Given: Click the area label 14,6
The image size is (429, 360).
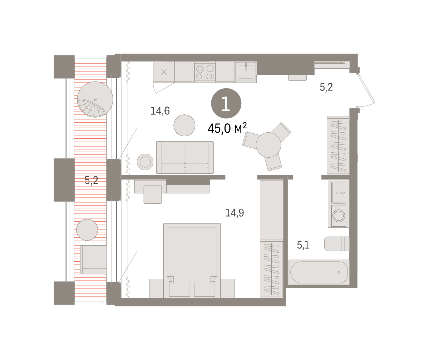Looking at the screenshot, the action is pos(160,111).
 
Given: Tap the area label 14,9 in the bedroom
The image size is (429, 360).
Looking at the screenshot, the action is pos(235,213).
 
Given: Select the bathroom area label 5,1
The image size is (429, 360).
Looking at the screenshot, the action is pos(303,245).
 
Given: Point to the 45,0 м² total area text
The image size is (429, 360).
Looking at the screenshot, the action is pos(227,128).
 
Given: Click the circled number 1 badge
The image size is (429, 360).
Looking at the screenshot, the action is pos(226,103).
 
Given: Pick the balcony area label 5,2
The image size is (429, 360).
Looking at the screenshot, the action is pos(92,180).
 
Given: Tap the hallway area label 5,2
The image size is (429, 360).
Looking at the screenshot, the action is pos(326,87).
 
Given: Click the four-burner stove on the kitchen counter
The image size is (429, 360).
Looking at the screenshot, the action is pos(205,72).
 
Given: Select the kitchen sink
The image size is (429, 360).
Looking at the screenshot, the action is pos(246,72).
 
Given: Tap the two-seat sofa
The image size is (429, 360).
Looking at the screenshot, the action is pos(185,157).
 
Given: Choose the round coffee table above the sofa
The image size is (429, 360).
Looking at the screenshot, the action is pos(184,125).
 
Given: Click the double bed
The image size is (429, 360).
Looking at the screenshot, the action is pos(192,261).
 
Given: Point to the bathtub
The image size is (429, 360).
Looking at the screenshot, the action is pos(319,272).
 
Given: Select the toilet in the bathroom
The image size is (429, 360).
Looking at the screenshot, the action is pos(337,244).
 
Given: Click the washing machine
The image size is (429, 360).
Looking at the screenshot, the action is pos(339,216).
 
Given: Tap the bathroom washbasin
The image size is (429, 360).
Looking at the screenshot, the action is pos(339,193).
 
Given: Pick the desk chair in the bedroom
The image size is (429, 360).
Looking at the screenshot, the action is pos(153,194).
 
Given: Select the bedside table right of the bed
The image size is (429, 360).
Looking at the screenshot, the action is pos(228,289).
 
